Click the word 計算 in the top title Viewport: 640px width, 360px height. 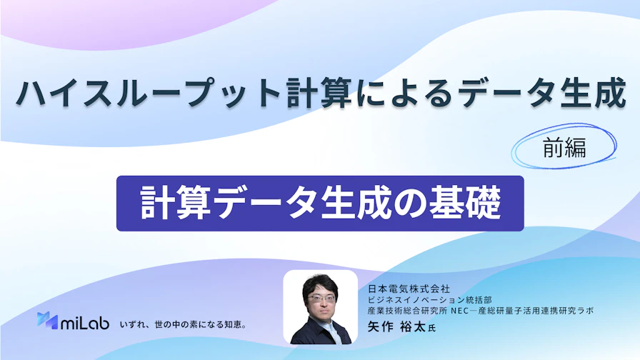coord(321,93)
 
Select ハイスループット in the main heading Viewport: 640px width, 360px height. coord(148,93)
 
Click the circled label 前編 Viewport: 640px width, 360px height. coord(564,147)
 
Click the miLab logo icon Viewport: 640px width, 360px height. coord(47,321)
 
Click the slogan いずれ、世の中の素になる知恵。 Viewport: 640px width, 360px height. coord(183,325)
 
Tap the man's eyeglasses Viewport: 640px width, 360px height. coord(321,299)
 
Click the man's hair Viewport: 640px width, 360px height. coord(321,284)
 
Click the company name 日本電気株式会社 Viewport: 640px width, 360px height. coord(409,289)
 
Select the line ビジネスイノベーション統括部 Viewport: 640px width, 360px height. coord(429,300)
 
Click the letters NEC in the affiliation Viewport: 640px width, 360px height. coord(460,311)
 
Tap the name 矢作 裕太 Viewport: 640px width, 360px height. coord(396,327)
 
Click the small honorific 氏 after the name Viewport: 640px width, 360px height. coord(431,328)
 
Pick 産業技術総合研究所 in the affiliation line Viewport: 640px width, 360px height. coord(407,311)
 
